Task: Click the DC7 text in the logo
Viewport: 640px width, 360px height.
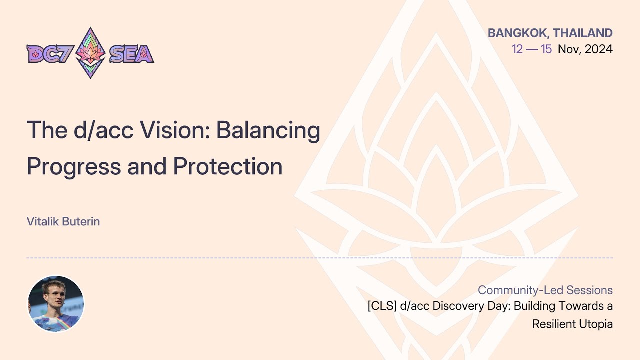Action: point(49,53)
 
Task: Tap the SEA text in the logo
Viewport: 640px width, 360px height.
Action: point(131,53)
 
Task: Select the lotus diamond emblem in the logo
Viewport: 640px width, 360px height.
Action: point(90,52)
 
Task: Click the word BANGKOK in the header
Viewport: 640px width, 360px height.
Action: point(517,33)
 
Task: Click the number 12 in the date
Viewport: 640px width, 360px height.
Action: point(517,49)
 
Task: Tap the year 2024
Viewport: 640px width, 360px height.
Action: point(599,49)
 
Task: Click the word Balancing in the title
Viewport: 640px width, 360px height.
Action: point(268,131)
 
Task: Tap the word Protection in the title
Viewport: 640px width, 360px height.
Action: point(228,166)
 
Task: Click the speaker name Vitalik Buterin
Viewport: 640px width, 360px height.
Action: point(63,221)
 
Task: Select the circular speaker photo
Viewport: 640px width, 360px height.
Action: point(55,304)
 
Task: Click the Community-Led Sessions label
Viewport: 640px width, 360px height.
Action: point(545,290)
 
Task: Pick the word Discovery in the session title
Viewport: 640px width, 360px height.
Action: point(455,306)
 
